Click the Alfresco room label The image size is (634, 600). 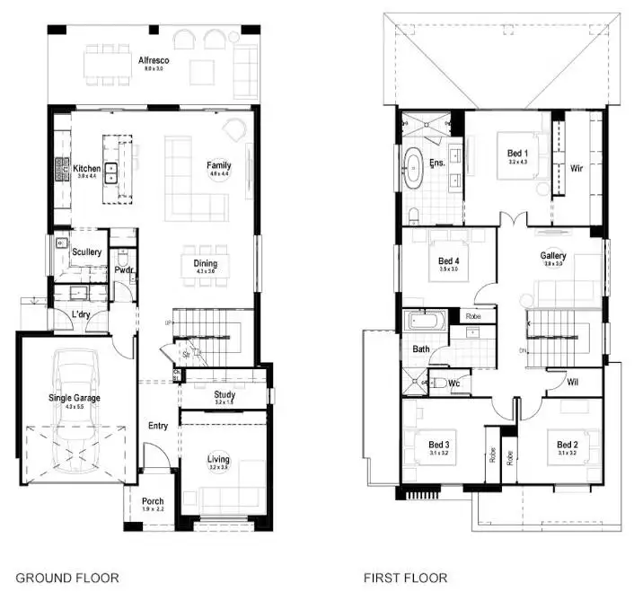point(153,60)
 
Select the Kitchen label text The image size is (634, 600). point(87,168)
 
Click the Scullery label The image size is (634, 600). point(87,252)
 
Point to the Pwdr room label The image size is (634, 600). point(124,269)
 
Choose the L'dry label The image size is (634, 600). point(84,313)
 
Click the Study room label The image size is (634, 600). point(225,394)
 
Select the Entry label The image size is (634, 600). point(158,426)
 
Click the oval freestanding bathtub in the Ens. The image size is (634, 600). point(414,169)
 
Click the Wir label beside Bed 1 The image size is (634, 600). point(576,167)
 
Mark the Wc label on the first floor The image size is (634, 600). point(454,384)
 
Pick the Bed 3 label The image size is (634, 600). point(438,445)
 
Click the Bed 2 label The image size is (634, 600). point(567,445)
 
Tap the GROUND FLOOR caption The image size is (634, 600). point(66,578)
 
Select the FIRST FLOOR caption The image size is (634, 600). point(405,578)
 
